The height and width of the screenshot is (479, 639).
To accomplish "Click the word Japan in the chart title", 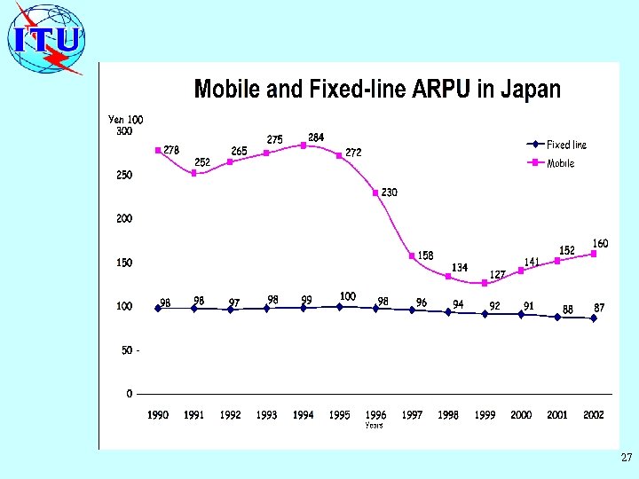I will point(531,90).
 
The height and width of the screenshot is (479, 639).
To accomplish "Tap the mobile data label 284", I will point(316,137).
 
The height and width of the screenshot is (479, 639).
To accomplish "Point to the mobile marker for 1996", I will point(375,192).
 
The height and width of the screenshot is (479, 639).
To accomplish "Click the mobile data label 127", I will point(497,274).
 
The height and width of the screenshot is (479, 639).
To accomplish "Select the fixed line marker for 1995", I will point(340,307).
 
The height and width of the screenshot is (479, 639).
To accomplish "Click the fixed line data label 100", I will point(348,295).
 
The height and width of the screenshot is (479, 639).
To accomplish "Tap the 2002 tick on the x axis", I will point(594,415).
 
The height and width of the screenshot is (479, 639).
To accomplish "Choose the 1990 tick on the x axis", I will point(158,415).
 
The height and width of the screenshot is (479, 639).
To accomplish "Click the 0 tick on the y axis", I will point(129,394).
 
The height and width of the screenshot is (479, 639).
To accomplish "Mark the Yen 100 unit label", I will point(125,119).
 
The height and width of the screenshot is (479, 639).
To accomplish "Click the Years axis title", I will point(375,426).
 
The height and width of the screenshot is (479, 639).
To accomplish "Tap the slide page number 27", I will point(627,459).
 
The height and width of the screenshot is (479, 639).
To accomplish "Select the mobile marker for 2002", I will point(594,254).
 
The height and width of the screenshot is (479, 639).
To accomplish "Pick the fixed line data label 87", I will point(600,307).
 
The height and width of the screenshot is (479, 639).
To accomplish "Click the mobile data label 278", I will point(171,151).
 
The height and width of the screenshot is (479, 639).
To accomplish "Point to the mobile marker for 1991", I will point(194,173).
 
